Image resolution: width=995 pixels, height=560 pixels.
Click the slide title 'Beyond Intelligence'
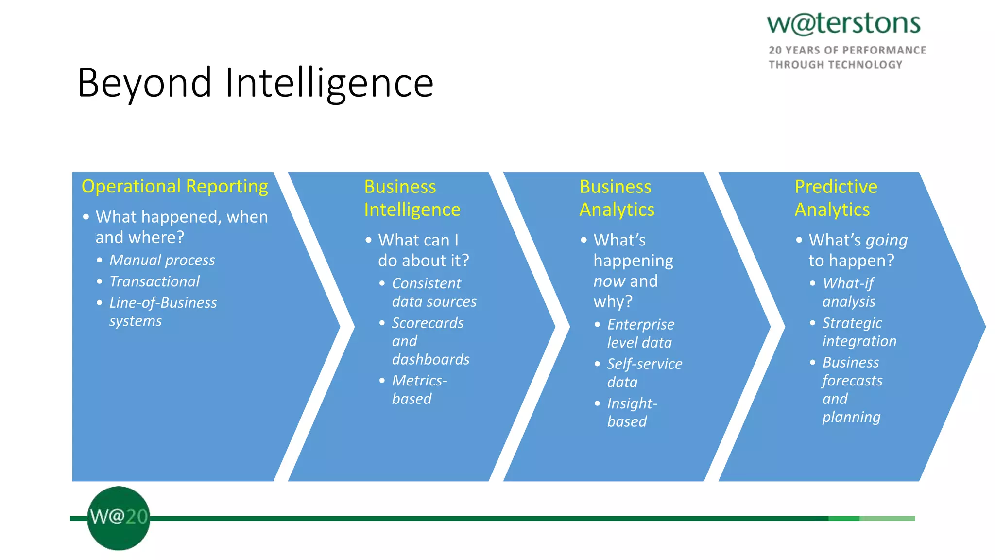tap(255, 83)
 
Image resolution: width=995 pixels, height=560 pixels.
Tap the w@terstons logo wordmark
tap(843, 23)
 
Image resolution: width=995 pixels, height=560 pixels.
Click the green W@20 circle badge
tap(119, 518)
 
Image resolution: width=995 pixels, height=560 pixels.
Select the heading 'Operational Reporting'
tap(174, 186)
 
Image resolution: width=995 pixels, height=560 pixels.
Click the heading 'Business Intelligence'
tap(412, 198)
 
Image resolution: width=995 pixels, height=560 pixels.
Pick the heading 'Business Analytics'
tap(617, 198)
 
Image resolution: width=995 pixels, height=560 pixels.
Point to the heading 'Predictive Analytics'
tap(836, 198)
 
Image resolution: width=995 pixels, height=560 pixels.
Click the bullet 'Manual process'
tap(162, 260)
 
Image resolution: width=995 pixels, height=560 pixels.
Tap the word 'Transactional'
tap(154, 281)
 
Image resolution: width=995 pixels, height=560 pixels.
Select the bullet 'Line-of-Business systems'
tap(162, 312)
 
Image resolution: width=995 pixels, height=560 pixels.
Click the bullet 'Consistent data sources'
tap(434, 292)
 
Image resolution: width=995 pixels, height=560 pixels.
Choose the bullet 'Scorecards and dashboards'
tap(430, 341)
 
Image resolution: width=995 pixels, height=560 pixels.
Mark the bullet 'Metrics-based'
tap(419, 389)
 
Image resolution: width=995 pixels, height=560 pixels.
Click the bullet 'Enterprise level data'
tap(640, 333)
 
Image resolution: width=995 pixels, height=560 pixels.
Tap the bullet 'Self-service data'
tap(644, 373)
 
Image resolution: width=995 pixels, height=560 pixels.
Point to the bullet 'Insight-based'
tap(632, 412)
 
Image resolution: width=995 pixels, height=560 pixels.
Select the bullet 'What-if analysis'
tap(848, 292)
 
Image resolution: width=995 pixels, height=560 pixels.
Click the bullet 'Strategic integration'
tap(859, 332)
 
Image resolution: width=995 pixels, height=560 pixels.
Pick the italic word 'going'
tap(887, 241)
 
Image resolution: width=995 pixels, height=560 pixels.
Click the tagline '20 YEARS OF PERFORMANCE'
tap(847, 50)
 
